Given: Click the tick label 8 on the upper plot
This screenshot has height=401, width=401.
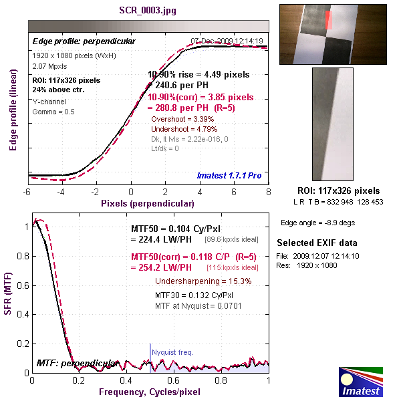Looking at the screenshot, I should [x=269, y=192].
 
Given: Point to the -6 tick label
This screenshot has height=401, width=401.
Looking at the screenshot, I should [x=27, y=192].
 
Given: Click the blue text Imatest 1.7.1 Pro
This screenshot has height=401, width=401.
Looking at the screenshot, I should [x=229, y=176].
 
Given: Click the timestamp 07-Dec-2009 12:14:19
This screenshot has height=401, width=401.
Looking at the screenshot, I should [x=227, y=41].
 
